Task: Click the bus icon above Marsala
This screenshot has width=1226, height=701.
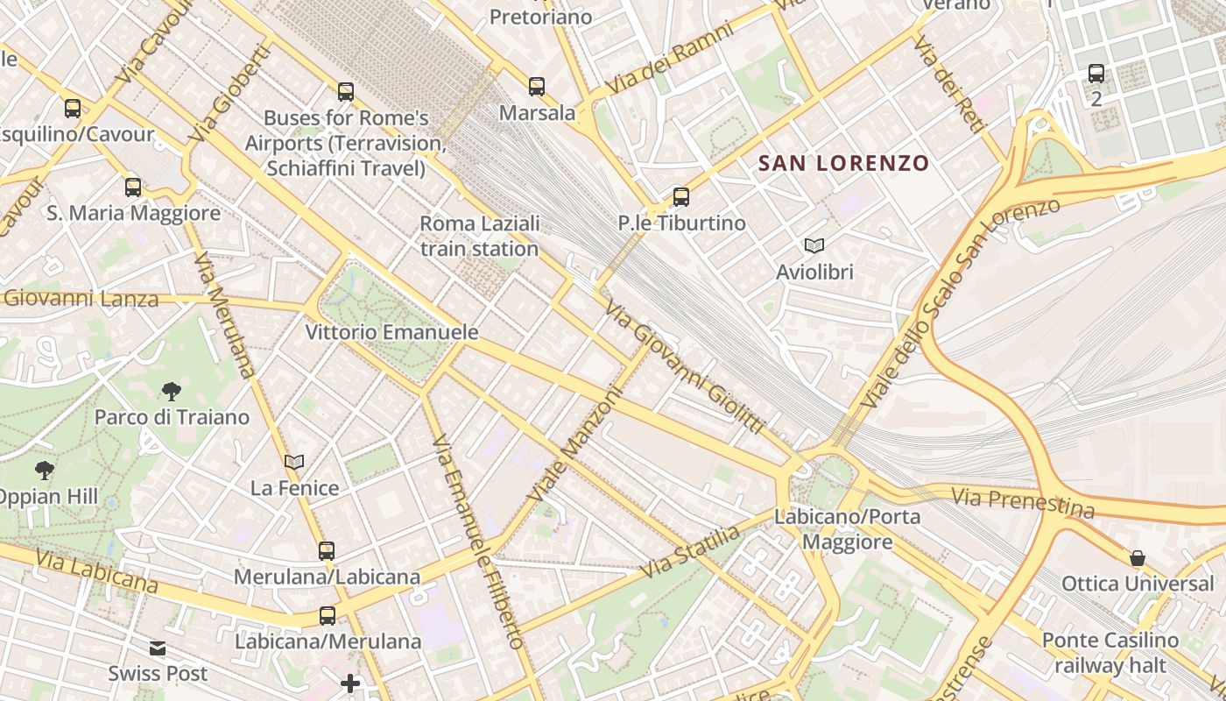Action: click(537, 87)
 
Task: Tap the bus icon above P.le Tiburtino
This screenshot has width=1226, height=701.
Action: click(681, 197)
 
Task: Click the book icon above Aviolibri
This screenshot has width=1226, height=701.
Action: click(814, 246)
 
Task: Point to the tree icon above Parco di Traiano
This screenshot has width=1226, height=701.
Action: click(172, 392)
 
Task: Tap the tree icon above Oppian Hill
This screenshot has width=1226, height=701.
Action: click(44, 471)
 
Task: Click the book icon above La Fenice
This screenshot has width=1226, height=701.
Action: click(294, 462)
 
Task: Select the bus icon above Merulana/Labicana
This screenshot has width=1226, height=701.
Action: click(327, 551)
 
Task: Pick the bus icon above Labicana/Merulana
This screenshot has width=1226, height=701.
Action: click(328, 616)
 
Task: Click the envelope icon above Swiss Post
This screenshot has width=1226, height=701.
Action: click(158, 648)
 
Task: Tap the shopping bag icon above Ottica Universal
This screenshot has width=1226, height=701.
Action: click(1138, 558)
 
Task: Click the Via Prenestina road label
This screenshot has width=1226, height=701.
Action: click(1023, 503)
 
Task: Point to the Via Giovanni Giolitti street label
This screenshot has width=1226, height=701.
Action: click(685, 367)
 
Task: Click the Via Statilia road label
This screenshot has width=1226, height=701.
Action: click(690, 552)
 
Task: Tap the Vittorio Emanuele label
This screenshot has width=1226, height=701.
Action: click(391, 332)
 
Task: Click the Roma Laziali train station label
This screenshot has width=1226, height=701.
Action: click(479, 237)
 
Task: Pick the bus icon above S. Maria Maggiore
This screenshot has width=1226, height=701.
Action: click(133, 188)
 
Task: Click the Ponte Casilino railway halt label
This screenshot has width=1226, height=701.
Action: click(1110, 653)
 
